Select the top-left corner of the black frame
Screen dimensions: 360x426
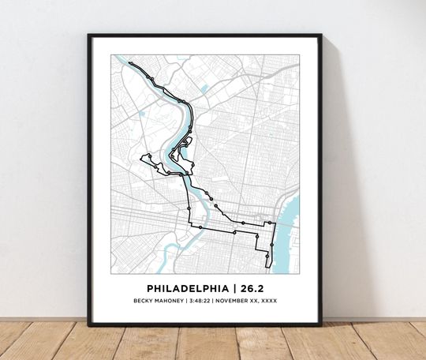click(89, 36)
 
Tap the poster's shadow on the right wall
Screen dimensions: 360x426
click(335, 197)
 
